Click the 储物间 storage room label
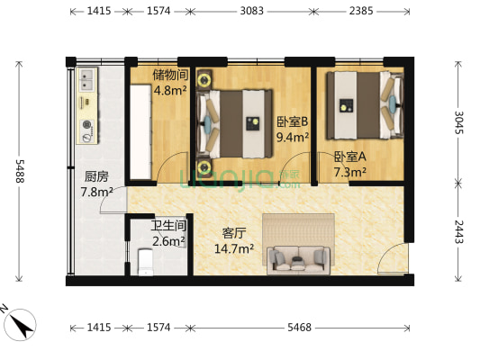pyautogui.click(x=169, y=75)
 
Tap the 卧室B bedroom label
pyautogui.click(x=293, y=121)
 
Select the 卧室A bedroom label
pyautogui.click(x=349, y=156)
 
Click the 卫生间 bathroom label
pyautogui.click(x=168, y=225)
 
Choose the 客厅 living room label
pyautogui.click(x=235, y=232)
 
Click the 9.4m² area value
pyautogui.click(x=294, y=138)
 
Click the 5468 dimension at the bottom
pyautogui.click(x=299, y=328)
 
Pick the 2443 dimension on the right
pyautogui.click(x=458, y=234)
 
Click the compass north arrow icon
pyautogui.click(x=20, y=320)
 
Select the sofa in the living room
pyautogui.click(x=298, y=259)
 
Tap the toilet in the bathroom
pyautogui.click(x=146, y=263)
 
